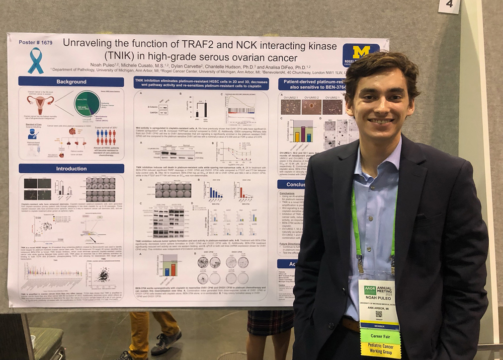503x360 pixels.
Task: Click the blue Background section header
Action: click(x=71, y=82)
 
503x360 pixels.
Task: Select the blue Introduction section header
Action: click(x=71, y=168)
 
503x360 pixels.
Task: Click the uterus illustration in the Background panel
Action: click(x=40, y=104)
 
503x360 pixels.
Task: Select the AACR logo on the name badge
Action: click(x=370, y=291)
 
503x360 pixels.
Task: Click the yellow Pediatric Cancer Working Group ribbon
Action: click(x=381, y=349)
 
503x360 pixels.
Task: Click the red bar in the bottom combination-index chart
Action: click(x=173, y=269)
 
